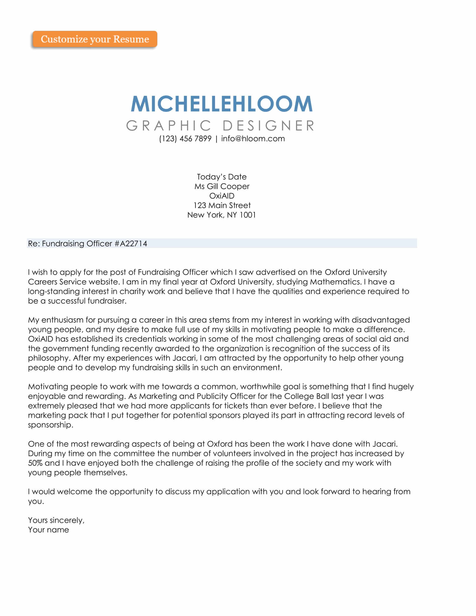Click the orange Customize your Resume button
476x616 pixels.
click(x=95, y=39)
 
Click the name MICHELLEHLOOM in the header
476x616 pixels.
click(x=222, y=104)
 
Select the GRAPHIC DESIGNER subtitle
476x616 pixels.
click(x=221, y=126)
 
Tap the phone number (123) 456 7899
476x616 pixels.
click(x=185, y=139)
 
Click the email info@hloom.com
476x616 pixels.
click(x=253, y=139)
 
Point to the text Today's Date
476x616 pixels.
click(x=222, y=177)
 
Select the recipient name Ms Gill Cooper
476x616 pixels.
click(x=222, y=186)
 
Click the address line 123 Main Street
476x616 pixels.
click(x=222, y=205)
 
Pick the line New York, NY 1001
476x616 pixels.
click(x=222, y=215)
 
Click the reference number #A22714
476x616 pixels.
click(x=131, y=244)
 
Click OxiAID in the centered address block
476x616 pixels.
click(x=222, y=196)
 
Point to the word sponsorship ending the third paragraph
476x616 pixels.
click(x=50, y=425)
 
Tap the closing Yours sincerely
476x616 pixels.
click(x=56, y=520)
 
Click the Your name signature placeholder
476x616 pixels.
click(x=48, y=530)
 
